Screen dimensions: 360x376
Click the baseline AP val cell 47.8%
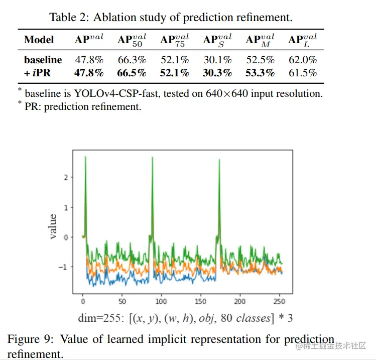click(89, 60)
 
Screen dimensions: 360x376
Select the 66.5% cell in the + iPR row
click(132, 73)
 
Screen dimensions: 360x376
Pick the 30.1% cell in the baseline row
click(217, 60)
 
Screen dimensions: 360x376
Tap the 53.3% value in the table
click(260, 73)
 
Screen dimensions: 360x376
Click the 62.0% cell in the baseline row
click(303, 60)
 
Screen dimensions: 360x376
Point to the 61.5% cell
click(303, 73)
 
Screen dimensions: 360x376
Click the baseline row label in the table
click(43, 60)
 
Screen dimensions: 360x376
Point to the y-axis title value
click(53, 226)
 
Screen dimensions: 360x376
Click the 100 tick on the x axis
click(162, 301)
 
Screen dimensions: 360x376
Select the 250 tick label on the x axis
click(279, 301)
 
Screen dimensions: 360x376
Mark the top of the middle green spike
click(152, 158)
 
